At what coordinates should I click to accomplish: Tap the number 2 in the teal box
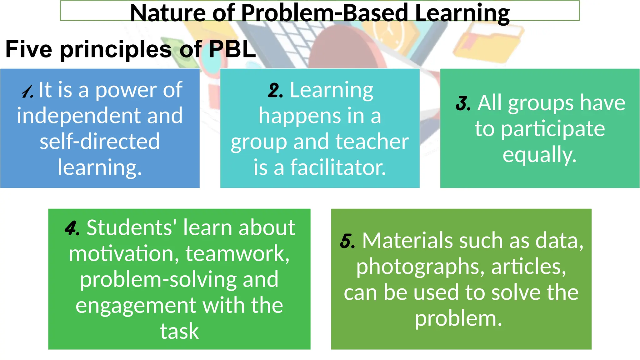[275, 91]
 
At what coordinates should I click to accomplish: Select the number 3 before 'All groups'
[463, 103]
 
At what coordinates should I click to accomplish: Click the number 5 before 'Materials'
[347, 241]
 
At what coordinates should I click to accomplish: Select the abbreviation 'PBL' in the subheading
[232, 49]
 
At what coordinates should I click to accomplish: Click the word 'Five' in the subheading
[29, 49]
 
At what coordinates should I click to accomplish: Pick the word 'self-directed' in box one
[100, 141]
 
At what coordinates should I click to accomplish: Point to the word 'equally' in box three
[539, 155]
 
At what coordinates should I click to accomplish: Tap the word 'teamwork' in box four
[237, 253]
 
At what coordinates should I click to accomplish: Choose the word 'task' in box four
[179, 331]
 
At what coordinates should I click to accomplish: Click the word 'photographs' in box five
[420, 267]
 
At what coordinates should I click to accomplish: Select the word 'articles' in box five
[528, 267]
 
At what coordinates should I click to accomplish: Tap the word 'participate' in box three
[553, 129]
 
